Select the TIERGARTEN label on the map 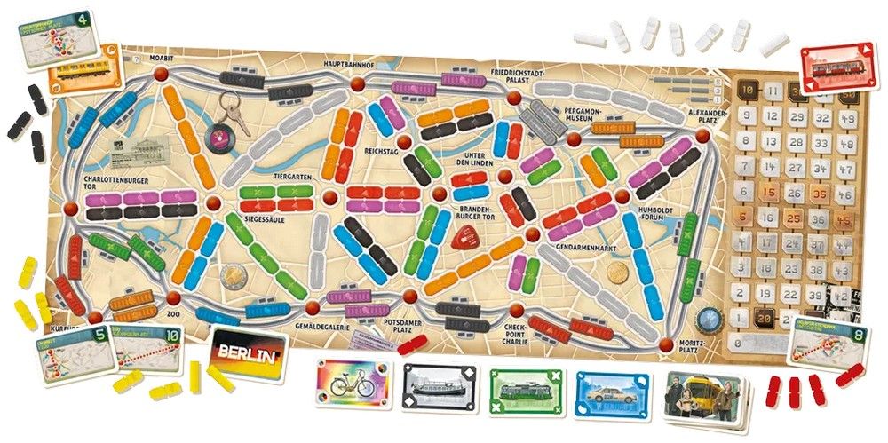[290, 177]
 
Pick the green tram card [523, 392]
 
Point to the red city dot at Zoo [172, 297]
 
